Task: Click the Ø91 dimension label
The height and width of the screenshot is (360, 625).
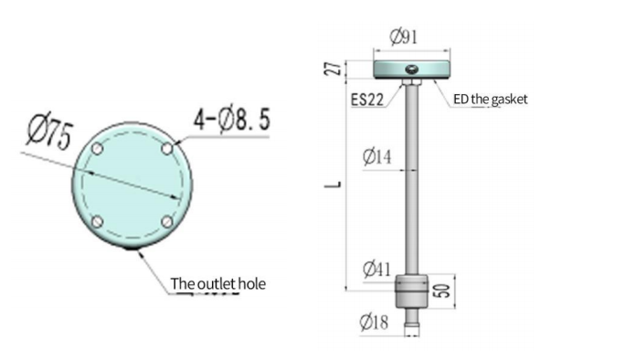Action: [x=403, y=37]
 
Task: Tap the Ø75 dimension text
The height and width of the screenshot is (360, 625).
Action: [x=50, y=134]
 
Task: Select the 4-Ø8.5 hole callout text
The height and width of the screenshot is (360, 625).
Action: [x=232, y=120]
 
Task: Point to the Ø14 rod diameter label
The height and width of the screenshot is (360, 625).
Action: [x=377, y=156]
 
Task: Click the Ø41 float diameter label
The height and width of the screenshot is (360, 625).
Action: [x=377, y=270]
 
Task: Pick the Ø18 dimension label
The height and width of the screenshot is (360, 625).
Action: [x=374, y=322]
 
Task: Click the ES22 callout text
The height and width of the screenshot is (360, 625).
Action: [x=367, y=100]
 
